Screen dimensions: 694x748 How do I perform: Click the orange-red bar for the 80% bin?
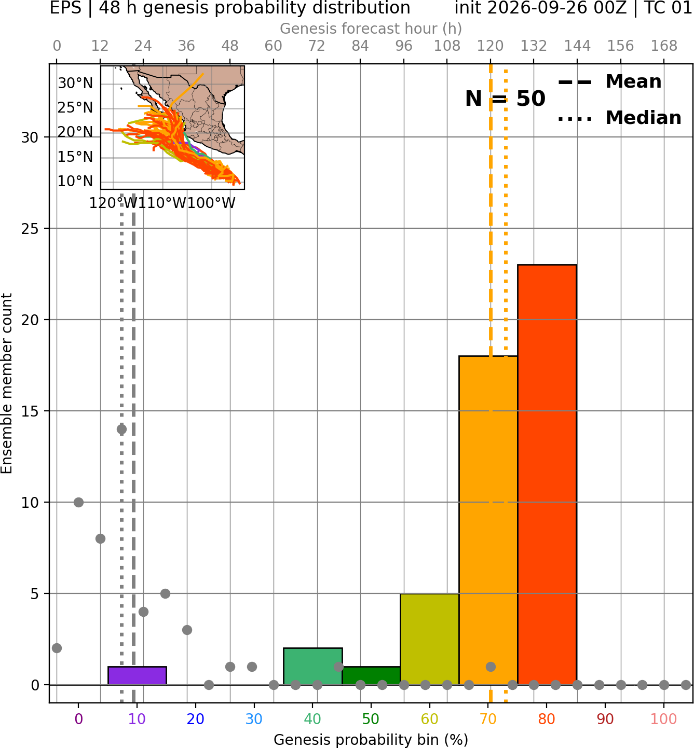pos(547,475)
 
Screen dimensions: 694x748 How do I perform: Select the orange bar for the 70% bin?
pos(488,520)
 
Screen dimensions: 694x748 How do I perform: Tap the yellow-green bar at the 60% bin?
pos(430,639)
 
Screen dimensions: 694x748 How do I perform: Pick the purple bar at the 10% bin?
pos(137,676)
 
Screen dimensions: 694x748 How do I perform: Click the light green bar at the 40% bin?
pos(313,666)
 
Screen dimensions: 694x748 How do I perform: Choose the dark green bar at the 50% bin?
pos(371,676)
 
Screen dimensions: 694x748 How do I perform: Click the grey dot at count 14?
pos(121,430)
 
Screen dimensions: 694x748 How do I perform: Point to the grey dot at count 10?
pos(78,502)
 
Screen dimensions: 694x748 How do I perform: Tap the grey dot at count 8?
pos(100,538)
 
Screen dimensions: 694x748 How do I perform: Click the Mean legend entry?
pos(609,82)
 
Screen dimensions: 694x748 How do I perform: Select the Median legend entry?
pos(619,118)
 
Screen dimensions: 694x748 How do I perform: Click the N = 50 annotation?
pos(505,99)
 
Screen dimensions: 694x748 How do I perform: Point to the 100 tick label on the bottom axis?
pos(664,719)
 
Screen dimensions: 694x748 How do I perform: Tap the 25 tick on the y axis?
pos(30,229)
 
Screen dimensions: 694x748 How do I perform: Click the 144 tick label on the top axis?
pos(577,46)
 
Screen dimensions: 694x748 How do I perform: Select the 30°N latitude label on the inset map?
pos(75,83)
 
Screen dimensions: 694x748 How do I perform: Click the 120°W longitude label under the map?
pos(114,203)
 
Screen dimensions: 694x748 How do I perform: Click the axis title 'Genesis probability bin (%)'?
pos(371,740)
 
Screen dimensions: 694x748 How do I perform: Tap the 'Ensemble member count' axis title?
pos(6,383)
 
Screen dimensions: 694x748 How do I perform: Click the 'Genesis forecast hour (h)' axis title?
pos(371,29)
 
